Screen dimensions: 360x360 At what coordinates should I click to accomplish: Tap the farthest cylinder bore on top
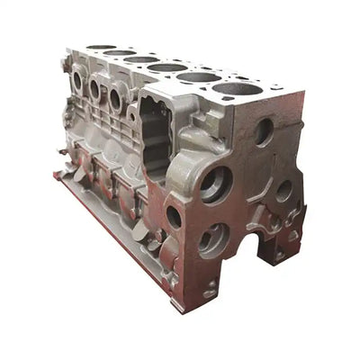click(102, 48)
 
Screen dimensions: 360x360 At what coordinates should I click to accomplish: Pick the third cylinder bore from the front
click(167, 67)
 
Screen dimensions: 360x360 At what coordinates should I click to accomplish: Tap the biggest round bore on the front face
click(216, 184)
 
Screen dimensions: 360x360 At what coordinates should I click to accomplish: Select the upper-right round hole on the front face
click(263, 131)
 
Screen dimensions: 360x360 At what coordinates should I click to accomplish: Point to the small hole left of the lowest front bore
click(174, 216)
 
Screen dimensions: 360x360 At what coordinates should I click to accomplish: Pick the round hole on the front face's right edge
click(284, 191)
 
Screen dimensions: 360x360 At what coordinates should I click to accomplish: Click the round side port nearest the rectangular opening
click(117, 99)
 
